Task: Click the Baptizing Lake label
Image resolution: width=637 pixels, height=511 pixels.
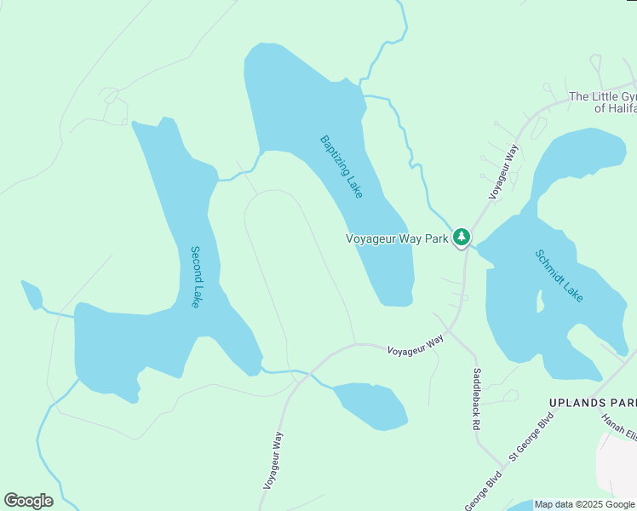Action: coord(341,167)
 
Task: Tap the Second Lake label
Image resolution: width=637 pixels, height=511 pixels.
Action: coord(196,277)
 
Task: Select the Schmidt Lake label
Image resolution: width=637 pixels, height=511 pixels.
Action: coord(560,275)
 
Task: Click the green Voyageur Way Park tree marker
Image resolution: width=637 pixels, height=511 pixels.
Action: coord(461,237)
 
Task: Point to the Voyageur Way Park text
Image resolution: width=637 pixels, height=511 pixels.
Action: coord(397,238)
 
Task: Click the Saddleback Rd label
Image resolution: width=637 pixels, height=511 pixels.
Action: coord(477,388)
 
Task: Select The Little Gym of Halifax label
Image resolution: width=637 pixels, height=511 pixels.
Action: coord(603,102)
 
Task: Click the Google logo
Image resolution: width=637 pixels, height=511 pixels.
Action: coord(28,501)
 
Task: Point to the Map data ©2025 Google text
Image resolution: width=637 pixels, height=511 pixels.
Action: coord(585,504)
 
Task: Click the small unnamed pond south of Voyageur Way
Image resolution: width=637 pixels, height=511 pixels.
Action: coord(371,405)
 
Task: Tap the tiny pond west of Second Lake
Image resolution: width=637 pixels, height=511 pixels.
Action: coord(32,295)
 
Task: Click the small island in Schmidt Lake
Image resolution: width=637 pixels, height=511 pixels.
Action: coord(538,301)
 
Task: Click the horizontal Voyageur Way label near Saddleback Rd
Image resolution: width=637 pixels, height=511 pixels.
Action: coord(416,345)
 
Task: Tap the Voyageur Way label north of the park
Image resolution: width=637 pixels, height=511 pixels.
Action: coord(504,171)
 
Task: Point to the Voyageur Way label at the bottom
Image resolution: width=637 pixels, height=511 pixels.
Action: coord(273,461)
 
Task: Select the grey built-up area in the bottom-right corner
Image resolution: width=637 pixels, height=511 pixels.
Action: coord(620,468)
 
